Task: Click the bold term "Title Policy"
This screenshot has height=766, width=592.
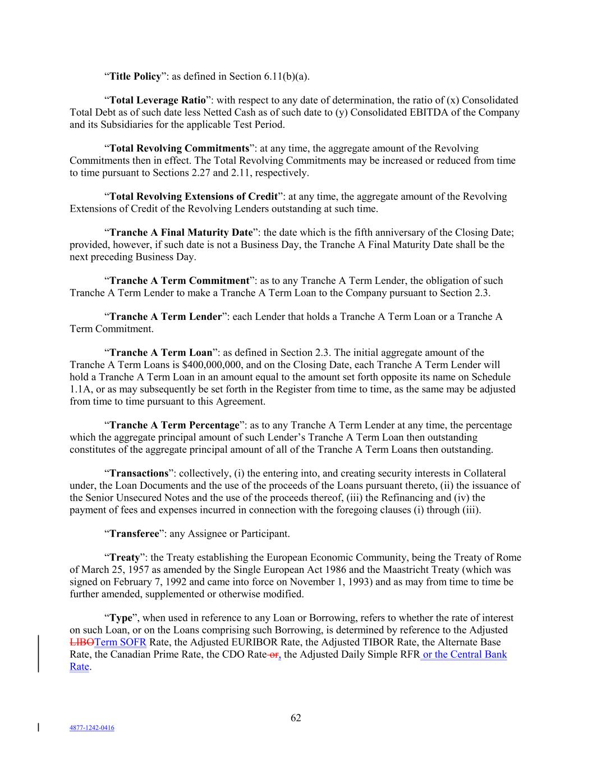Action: coord(135,76)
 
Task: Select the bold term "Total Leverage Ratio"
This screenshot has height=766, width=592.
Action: coord(158,100)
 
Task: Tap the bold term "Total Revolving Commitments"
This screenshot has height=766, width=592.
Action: coord(179,149)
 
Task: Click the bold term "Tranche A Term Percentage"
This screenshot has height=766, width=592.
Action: coord(174,425)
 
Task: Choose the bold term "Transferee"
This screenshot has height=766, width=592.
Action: coord(134,534)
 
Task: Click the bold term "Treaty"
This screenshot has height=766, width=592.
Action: coord(124,558)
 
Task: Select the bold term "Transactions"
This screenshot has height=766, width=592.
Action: coord(139,474)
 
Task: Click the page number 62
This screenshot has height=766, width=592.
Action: coord(296,718)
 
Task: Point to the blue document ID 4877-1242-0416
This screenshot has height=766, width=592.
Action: coord(92,728)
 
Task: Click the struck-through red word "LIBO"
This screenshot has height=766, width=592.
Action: coord(82,643)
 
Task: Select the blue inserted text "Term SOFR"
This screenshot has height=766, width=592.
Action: coord(121,643)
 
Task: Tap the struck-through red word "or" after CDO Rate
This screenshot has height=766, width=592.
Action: coord(271,654)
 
